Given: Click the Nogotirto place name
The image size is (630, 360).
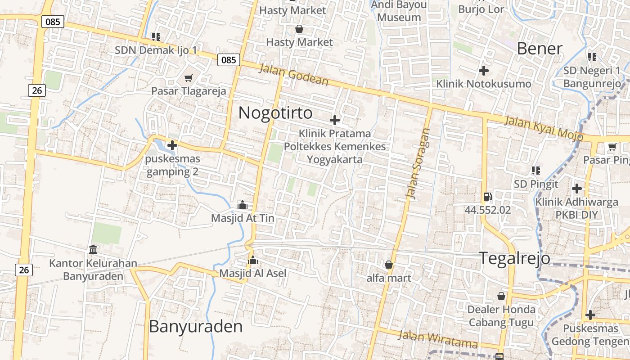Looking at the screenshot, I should (x=275, y=112).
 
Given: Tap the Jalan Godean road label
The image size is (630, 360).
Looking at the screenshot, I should (x=294, y=74).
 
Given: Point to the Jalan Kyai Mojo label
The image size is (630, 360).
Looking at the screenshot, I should (x=544, y=128).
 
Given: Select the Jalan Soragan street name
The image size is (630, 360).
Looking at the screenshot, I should (x=418, y=163).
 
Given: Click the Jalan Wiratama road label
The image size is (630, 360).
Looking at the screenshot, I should (x=437, y=339).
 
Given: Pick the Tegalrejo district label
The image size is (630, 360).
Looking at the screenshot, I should (x=514, y=258).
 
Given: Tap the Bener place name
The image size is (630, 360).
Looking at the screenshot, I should (x=540, y=49).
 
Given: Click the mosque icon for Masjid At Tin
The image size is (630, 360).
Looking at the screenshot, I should (x=243, y=205).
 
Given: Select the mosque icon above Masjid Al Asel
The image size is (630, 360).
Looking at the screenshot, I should (x=253, y=261).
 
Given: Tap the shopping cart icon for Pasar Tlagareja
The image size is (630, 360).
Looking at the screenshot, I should (x=189, y=78).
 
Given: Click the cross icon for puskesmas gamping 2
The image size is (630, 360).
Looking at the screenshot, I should (x=172, y=145).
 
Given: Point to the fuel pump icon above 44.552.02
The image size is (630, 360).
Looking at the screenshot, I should (x=487, y=197).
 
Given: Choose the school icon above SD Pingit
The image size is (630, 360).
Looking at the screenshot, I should (x=535, y=171).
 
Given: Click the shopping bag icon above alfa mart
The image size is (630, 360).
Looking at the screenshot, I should (x=389, y=265).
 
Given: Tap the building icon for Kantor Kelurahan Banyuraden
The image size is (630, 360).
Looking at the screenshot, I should (x=93, y=249).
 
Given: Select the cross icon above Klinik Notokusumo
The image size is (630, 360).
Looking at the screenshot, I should (x=484, y=71).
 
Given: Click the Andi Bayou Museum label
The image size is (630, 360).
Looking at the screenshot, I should (x=399, y=11).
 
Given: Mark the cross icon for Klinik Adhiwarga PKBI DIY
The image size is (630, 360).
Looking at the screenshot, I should (x=576, y=189).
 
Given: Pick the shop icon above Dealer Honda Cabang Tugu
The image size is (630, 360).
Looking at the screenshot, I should (x=501, y=296).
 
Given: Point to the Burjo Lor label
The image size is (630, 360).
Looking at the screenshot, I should (x=481, y=9).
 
